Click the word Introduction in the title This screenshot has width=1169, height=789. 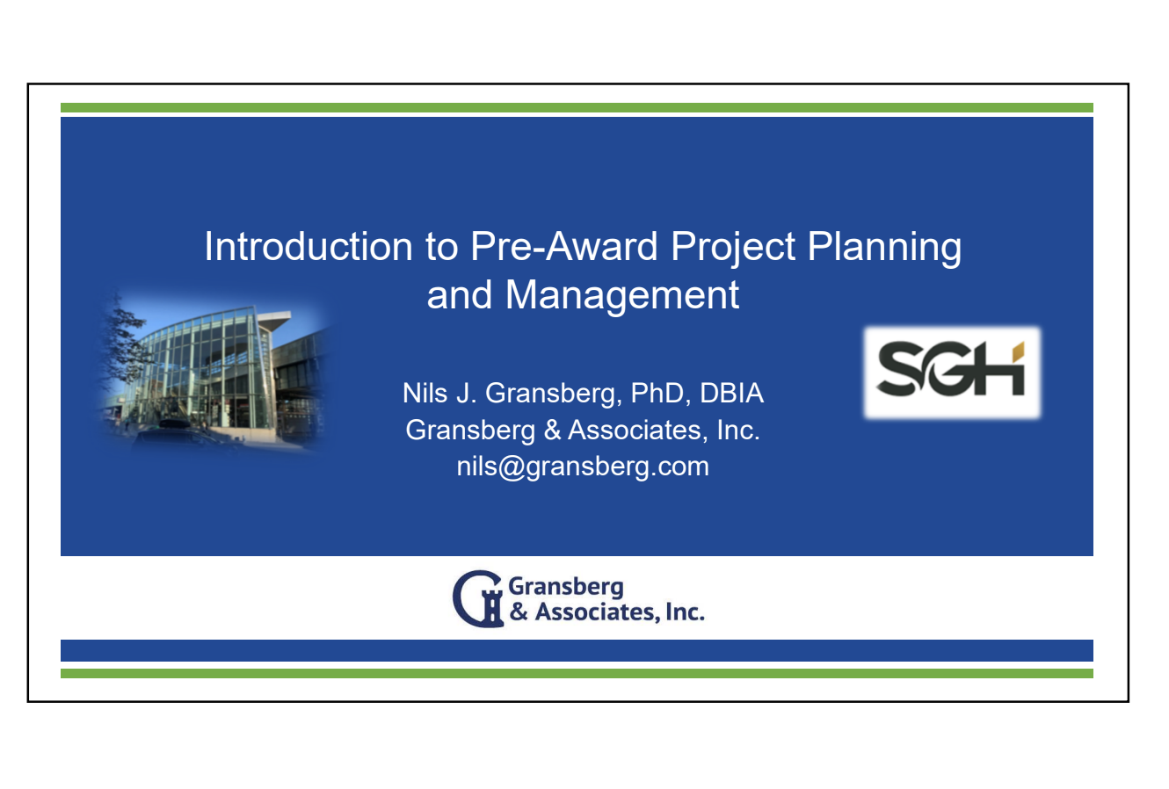point(309,246)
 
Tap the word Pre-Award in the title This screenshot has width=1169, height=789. point(564,246)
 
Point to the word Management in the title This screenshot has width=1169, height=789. point(622,295)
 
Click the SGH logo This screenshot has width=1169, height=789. point(952,372)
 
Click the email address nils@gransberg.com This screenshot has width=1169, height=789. point(583,467)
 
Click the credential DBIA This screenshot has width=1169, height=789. point(731,393)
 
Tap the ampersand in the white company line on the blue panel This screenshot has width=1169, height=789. point(552,431)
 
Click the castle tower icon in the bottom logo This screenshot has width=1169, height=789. point(491,607)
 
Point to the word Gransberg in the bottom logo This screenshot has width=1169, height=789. point(566,587)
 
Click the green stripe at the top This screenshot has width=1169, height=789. point(577,107)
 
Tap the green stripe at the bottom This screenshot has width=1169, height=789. point(577,673)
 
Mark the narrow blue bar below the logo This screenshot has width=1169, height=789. point(577,650)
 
